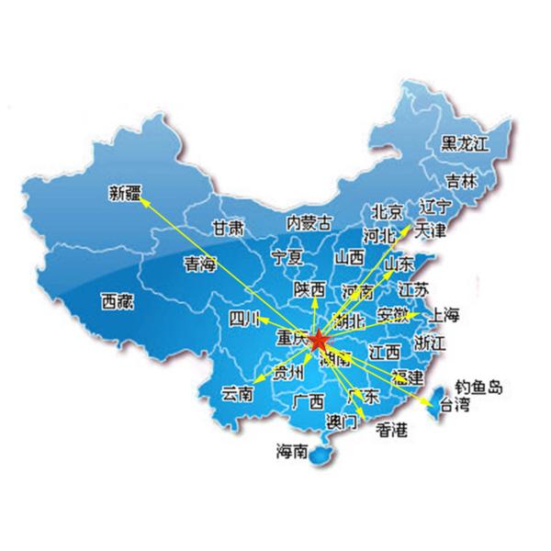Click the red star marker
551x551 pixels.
coord(318,343)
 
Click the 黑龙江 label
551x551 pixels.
coord(466,143)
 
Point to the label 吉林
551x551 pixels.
coord(461,181)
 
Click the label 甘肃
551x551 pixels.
coord(228,227)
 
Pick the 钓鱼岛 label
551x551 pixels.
coord(480,388)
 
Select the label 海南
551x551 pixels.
coord(292,451)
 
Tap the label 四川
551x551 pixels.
coord(246,320)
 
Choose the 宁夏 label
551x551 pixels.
coord(287,256)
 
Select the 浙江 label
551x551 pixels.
coord(430,343)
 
